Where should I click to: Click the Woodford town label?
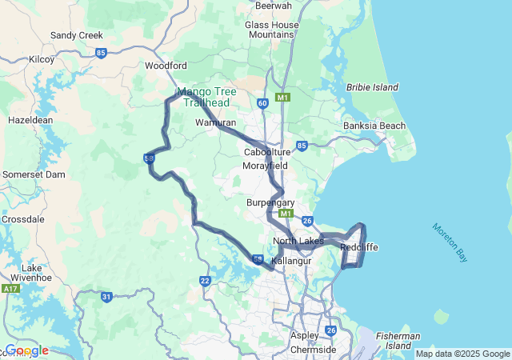[x=166, y=66]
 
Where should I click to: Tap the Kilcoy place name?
[x=41, y=59]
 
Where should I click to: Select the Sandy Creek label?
[x=76, y=35]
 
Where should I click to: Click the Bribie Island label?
[x=372, y=87]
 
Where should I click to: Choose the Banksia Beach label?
[x=374, y=126]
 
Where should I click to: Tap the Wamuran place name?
[x=216, y=123]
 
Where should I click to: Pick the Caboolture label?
[x=267, y=152]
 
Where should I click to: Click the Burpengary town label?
[x=270, y=202]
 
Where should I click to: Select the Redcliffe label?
[x=358, y=247]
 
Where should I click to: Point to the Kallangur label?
[x=290, y=262]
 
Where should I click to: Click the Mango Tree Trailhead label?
[x=206, y=97]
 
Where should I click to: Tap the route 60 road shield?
[x=263, y=103]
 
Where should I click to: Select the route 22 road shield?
[x=205, y=281]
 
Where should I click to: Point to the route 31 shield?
[x=106, y=297]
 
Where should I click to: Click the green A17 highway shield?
[x=10, y=288]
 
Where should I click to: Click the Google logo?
[x=27, y=350]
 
